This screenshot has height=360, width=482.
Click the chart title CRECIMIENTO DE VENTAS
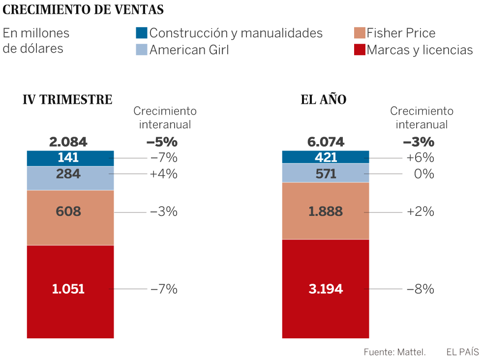pos(83,10)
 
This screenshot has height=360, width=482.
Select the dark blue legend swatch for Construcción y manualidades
pos(141,33)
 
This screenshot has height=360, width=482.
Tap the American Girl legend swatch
pos(141,50)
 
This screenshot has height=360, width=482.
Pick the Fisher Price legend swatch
pos(359,33)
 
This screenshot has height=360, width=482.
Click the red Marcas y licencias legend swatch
pos(359,50)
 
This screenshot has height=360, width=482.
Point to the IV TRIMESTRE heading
pos(67,100)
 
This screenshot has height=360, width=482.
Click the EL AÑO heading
pos(323,100)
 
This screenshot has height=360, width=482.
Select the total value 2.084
pos(68,142)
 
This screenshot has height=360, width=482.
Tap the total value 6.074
pos(326,142)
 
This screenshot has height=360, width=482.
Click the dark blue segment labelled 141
pos(70,158)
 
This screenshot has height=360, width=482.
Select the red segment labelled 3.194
pos(326,289)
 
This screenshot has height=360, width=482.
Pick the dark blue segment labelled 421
pos(326,157)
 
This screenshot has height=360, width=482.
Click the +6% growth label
pos(420,158)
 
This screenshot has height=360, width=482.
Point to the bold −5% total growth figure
pos(161,142)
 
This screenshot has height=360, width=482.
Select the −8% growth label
pos(420,289)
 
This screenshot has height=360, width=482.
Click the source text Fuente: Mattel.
pos(394,352)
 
